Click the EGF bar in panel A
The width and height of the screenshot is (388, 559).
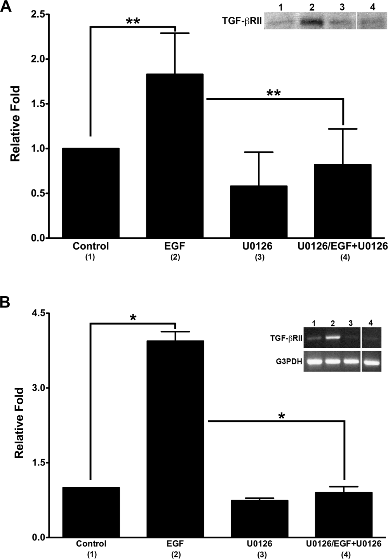click(x=175, y=155)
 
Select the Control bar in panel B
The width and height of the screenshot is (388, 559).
click(x=91, y=512)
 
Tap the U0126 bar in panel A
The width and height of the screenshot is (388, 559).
click(x=259, y=212)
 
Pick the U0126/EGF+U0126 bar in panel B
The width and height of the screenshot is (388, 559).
click(x=343, y=515)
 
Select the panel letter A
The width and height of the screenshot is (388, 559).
click(x=6, y=7)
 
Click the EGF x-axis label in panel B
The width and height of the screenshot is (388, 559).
click(x=175, y=543)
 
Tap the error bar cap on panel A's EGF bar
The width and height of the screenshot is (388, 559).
click(x=175, y=33)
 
